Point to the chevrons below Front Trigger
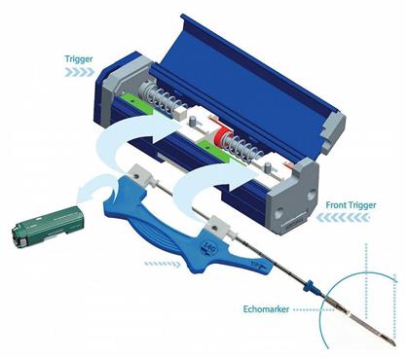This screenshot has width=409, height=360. [362, 219]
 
